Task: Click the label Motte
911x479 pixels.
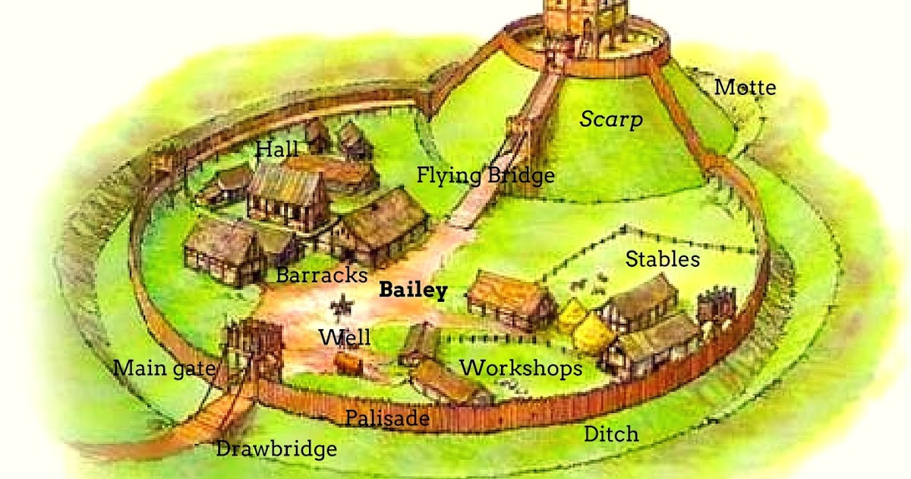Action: pyautogui.click(x=746, y=87)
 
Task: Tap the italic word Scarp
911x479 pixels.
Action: pyautogui.click(x=611, y=119)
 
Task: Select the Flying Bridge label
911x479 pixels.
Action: pyautogui.click(x=485, y=176)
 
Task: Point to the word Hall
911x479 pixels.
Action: pyautogui.click(x=276, y=148)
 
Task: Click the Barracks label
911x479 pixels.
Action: pyautogui.click(x=322, y=274)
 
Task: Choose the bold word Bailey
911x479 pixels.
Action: pyautogui.click(x=413, y=290)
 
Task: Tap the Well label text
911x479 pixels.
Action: pyautogui.click(x=345, y=337)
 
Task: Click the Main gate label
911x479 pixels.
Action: pyautogui.click(x=165, y=370)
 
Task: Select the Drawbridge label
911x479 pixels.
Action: pyautogui.click(x=276, y=449)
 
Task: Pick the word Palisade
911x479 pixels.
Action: pyautogui.click(x=387, y=418)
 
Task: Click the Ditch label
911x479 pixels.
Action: pyautogui.click(x=610, y=434)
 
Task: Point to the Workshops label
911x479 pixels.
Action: pyautogui.click(x=522, y=368)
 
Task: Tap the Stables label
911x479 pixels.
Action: pyautogui.click(x=662, y=259)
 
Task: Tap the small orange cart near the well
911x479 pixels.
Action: pyautogui.click(x=348, y=365)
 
